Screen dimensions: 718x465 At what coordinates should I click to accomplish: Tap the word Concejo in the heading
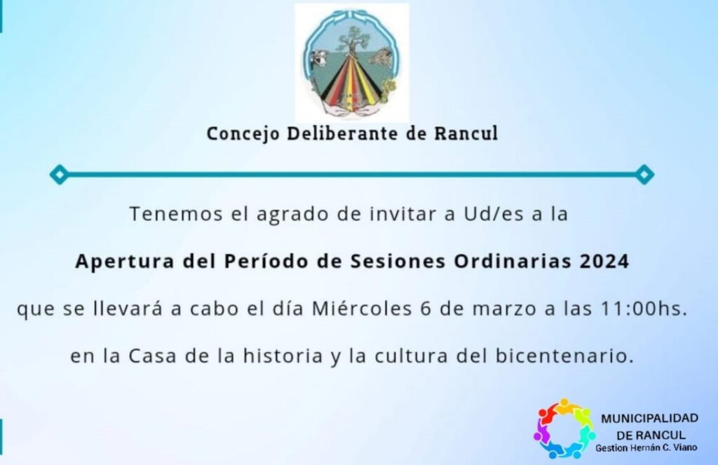pyautogui.click(x=243, y=134)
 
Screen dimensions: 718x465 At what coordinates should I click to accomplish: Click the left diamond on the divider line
pyautogui.click(x=59, y=175)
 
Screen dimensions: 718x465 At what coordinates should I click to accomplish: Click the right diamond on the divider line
pyautogui.click(x=644, y=175)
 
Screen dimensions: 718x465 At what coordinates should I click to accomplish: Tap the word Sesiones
pyautogui.click(x=398, y=261)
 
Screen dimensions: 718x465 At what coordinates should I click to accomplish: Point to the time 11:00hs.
pyautogui.click(x=644, y=309)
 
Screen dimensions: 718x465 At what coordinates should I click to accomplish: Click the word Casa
pyautogui.click(x=152, y=356)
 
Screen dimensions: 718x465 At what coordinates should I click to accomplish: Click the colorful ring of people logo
pyautogui.click(x=564, y=429)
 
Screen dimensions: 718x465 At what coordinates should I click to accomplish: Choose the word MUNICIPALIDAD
pyautogui.click(x=649, y=418)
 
